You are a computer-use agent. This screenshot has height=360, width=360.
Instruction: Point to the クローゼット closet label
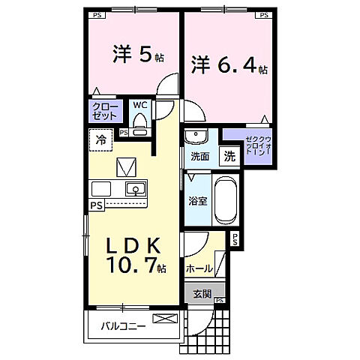point(106,112)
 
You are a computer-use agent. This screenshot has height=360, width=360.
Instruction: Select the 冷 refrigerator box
point(100,139)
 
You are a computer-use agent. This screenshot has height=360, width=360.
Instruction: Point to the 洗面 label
point(199,157)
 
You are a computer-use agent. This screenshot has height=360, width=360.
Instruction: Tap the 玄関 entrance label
point(200,293)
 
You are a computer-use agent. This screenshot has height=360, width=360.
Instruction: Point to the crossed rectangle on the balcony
point(163,319)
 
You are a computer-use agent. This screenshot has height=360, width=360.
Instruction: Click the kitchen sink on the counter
point(135,188)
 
